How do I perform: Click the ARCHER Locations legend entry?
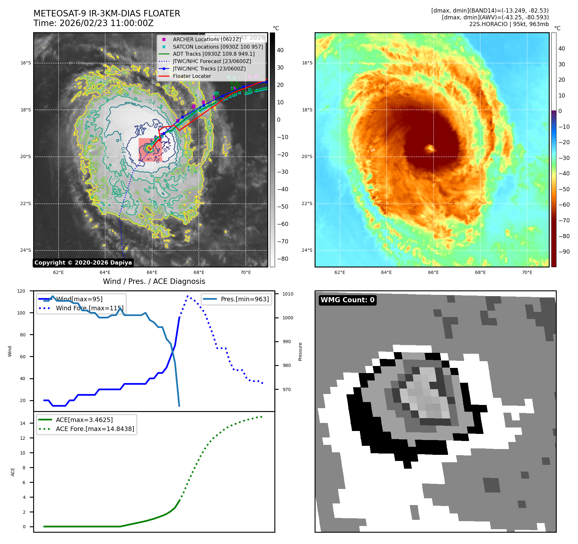pyautogui.click(x=206, y=39)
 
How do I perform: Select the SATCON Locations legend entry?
pyautogui.click(x=218, y=47)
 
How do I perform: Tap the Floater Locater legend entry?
pyautogui.click(x=192, y=76)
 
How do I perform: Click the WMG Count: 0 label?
pyautogui.click(x=347, y=300)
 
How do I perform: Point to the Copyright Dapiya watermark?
pyautogui.click(x=83, y=263)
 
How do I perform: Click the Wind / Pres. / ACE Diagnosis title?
pyautogui.click(x=154, y=281)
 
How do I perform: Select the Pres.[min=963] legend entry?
pyautogui.click(x=244, y=299)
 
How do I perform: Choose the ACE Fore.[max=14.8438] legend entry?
pyautogui.click(x=95, y=429)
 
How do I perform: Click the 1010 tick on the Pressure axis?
pyautogui.click(x=288, y=294)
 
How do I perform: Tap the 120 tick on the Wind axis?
pyautogui.click(x=21, y=291)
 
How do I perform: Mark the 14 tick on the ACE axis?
pyautogui.click(x=23, y=423)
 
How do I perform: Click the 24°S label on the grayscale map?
pyautogui.click(x=26, y=250)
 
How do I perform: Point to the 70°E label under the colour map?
pyautogui.click(x=527, y=273)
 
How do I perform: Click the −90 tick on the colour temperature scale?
pyautogui.click(x=564, y=252)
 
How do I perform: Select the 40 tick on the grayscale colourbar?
pyautogui.click(x=280, y=50)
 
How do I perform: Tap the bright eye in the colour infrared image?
pyautogui.click(x=430, y=148)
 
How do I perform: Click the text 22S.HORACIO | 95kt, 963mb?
pyautogui.click(x=509, y=24)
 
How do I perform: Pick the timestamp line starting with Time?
pyautogui.click(x=93, y=23)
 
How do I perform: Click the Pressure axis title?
pyautogui.click(x=300, y=352)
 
